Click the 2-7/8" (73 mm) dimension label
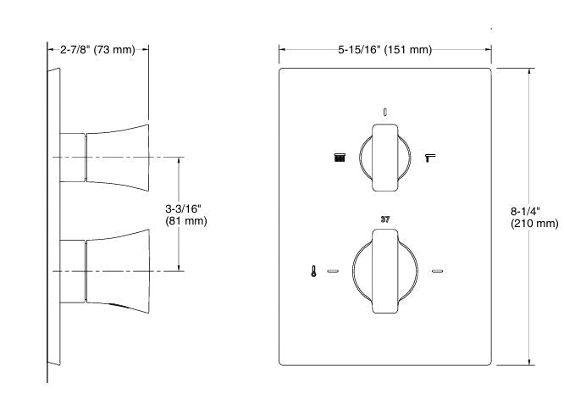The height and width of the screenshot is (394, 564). (97, 49)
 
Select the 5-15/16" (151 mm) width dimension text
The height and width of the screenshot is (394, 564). (384, 50)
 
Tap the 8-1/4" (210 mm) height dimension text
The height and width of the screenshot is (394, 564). (534, 218)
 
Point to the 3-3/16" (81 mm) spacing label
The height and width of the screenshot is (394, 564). (185, 214)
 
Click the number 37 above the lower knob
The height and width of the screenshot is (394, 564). (385, 219)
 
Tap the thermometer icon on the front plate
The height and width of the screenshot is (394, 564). (314, 272)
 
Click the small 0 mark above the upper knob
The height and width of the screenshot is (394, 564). (385, 110)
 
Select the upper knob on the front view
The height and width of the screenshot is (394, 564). (385, 158)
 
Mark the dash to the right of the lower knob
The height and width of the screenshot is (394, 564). (438, 272)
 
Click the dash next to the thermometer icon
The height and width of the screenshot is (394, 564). (332, 272)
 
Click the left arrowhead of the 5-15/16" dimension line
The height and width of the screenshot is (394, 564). (283, 50)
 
